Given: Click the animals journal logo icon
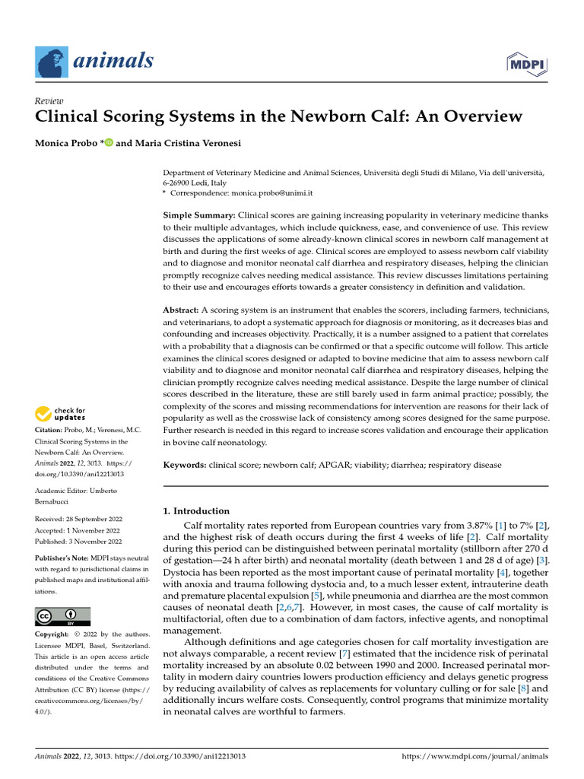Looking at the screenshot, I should click(x=52, y=60).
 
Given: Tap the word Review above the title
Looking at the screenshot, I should click(x=49, y=101).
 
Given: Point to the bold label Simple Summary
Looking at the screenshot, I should click(x=199, y=216).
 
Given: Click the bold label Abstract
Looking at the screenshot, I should click(x=181, y=310).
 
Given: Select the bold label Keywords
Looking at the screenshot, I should click(x=186, y=464).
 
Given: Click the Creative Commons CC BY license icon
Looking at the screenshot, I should click(x=63, y=616).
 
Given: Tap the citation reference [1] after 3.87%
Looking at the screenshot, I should click(x=481, y=526).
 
